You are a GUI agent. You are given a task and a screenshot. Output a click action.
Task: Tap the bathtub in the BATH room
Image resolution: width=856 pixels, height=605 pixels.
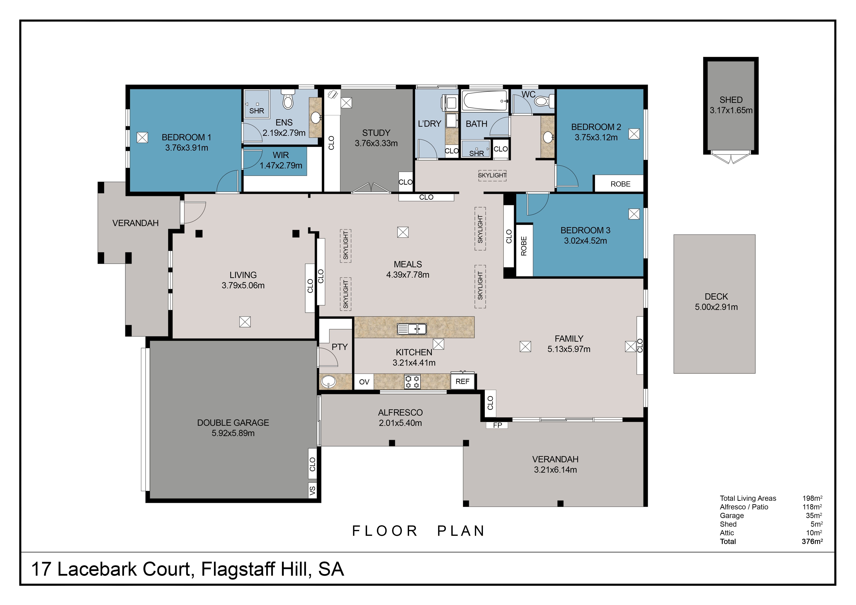point(485,101)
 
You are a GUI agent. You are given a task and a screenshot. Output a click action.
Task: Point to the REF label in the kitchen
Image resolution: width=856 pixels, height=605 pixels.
point(462,382)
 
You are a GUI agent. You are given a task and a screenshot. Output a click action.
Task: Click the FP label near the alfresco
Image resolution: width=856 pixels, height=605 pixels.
point(497,425)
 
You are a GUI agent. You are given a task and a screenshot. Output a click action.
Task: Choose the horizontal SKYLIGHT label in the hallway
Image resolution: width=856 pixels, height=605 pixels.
point(492,175)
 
